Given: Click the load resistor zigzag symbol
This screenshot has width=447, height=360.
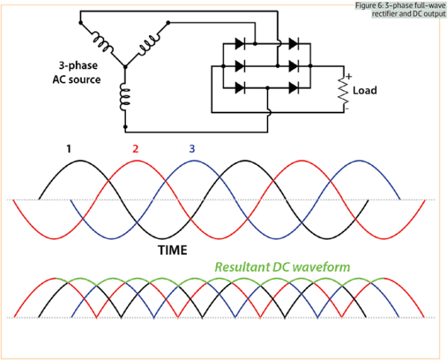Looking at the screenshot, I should (343, 91).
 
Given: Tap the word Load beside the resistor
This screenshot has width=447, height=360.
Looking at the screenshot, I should (364, 91).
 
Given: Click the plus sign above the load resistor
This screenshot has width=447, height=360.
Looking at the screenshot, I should (347, 76).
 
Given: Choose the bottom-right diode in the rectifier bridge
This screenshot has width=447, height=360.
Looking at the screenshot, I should (293, 88).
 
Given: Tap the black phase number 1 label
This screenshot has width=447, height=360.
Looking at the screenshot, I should (68, 149).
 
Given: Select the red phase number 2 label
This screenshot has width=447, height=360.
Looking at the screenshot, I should (136, 149).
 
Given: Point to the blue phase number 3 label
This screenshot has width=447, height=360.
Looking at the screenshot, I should (191, 149).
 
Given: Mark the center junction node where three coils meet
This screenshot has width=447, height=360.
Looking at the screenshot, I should (125, 66).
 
